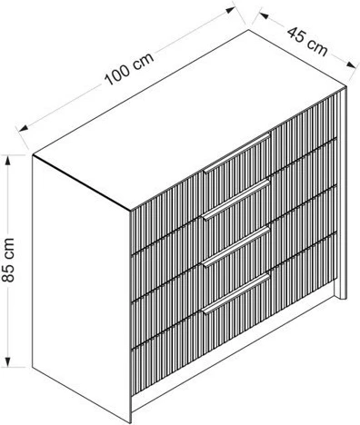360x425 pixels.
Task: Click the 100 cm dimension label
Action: tap(129, 69)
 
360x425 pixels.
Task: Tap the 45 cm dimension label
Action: tap(307, 42)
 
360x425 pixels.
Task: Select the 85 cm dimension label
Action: tap(8, 260)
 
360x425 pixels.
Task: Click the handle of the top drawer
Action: tap(236, 153)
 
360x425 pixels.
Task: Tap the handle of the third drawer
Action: tap(236, 246)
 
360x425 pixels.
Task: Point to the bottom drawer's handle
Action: tap(236, 293)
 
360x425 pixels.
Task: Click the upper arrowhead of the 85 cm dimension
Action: tap(8, 161)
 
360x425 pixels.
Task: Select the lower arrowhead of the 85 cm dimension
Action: tap(8, 361)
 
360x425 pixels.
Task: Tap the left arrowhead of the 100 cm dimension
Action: tap(24, 128)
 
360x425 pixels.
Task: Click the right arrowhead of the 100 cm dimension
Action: tap(231, 10)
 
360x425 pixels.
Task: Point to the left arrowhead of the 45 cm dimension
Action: tap(264, 15)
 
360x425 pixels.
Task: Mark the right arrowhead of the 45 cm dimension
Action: tap(351, 64)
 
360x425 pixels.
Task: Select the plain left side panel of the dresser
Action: tap(81, 288)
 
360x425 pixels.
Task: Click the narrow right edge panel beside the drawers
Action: tap(342, 193)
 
